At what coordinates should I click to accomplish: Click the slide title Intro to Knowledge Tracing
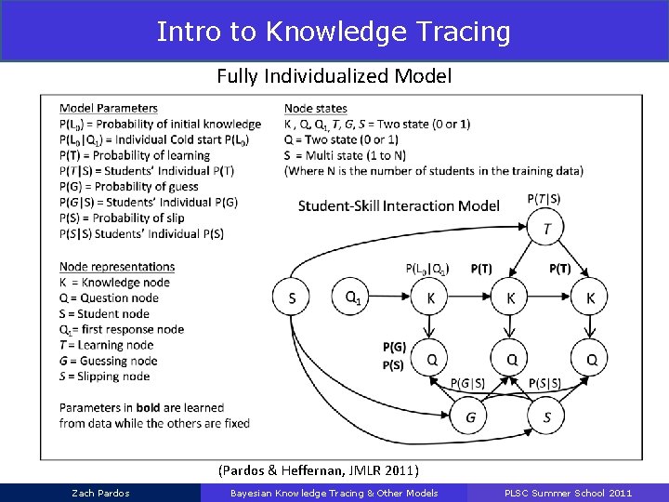pyautogui.click(x=334, y=32)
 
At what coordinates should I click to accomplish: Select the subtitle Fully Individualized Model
pyautogui.click(x=334, y=76)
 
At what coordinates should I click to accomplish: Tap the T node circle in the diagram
pyautogui.click(x=546, y=228)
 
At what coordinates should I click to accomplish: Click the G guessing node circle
pyautogui.click(x=471, y=417)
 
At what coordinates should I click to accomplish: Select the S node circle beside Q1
pyautogui.click(x=292, y=297)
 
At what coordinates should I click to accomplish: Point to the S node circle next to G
pyautogui.click(x=546, y=417)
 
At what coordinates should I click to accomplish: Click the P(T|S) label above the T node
pyautogui.click(x=544, y=198)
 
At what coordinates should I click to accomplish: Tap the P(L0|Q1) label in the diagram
pyautogui.click(x=427, y=269)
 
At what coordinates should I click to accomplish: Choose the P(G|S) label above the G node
pyautogui.click(x=468, y=383)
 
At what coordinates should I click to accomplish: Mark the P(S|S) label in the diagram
pyautogui.click(x=544, y=383)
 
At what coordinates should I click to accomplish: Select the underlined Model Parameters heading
pyautogui.click(x=108, y=109)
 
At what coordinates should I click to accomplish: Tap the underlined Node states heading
pyautogui.click(x=315, y=109)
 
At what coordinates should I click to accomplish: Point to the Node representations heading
pyautogui.click(x=116, y=267)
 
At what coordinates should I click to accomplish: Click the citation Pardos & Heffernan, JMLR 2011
pyautogui.click(x=318, y=470)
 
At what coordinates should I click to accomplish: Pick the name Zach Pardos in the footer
pyautogui.click(x=100, y=493)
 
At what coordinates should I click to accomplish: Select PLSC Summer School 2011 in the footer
pyautogui.click(x=569, y=493)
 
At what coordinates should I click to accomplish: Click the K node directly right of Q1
pyautogui.click(x=430, y=297)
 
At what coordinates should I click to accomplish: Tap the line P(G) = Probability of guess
pyautogui.click(x=128, y=187)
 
